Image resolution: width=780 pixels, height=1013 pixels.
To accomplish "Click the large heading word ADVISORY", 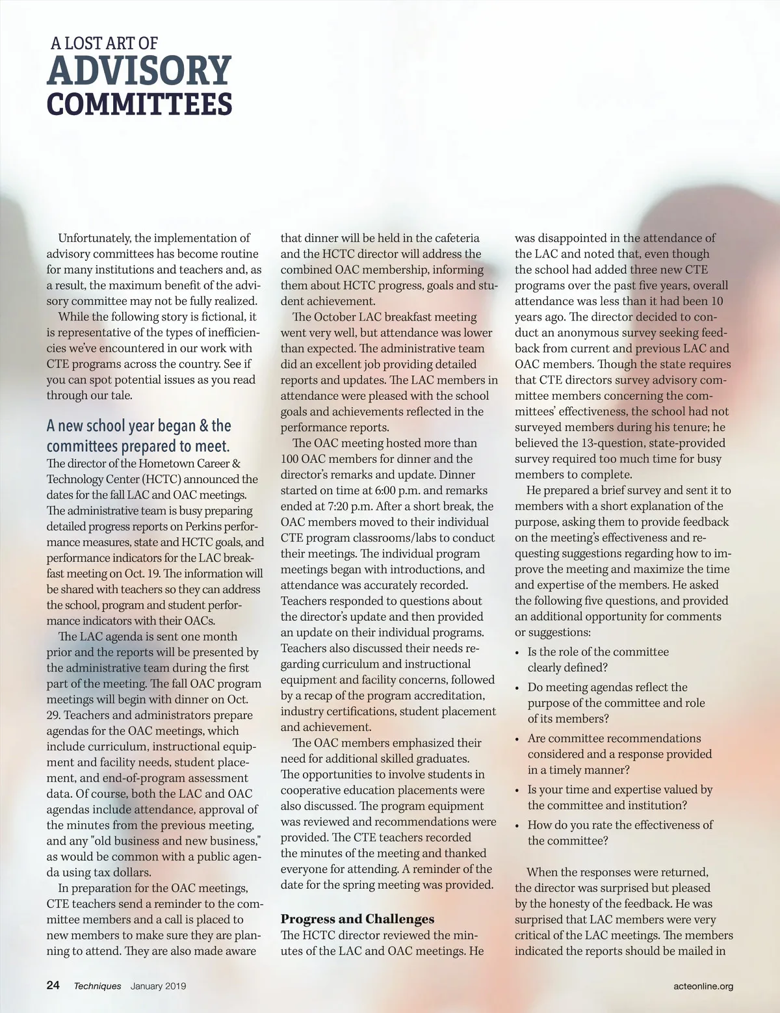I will click(139, 71).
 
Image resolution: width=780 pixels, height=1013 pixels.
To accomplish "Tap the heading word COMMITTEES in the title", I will click(139, 105).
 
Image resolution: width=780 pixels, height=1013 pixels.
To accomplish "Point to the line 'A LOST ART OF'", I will click(104, 44).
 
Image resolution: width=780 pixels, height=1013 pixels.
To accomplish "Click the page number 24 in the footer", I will click(53, 985).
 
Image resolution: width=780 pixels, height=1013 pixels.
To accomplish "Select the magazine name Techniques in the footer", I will click(97, 986).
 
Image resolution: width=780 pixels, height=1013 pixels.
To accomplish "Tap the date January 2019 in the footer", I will click(158, 986).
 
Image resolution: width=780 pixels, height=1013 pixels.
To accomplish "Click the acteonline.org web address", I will click(703, 986).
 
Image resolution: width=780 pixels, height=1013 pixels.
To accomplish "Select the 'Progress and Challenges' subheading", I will click(357, 919).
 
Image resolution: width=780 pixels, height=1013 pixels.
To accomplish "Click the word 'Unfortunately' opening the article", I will click(94, 238).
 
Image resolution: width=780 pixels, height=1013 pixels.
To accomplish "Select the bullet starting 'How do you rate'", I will click(619, 832).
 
